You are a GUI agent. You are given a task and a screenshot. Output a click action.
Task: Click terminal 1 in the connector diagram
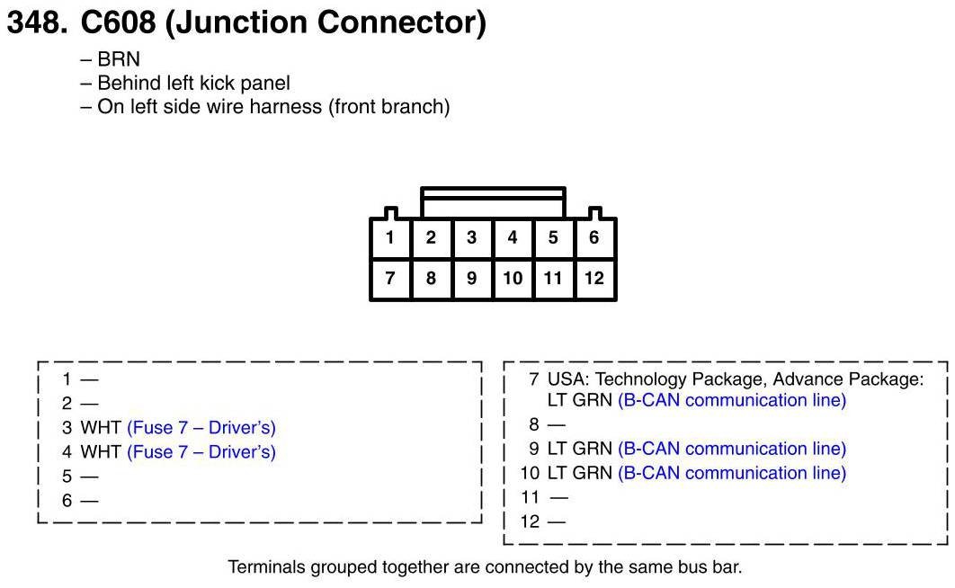point(389,238)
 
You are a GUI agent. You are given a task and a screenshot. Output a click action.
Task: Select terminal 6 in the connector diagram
point(594,238)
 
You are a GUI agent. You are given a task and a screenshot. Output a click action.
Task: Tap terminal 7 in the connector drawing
point(389,278)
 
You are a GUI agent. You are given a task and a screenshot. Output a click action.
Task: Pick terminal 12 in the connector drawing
point(594,278)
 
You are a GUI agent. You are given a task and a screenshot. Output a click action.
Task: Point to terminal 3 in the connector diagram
point(471,238)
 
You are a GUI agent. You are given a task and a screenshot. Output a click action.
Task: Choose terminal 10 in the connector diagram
point(512,278)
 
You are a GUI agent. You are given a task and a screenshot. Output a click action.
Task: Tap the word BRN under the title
point(119,59)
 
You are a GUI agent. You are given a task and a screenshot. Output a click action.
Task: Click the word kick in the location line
point(221,83)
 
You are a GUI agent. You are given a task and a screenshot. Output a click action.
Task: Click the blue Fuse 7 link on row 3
point(201,427)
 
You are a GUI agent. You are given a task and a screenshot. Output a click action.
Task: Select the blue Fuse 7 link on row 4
point(201,451)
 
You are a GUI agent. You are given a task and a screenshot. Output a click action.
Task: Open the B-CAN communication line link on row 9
point(732,449)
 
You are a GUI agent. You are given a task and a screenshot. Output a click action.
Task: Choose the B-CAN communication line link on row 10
point(732,473)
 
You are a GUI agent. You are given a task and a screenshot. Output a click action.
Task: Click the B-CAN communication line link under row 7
point(732,400)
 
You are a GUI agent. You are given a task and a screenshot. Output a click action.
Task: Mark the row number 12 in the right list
point(530,521)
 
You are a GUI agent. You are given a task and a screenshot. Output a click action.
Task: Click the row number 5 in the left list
point(67,477)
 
